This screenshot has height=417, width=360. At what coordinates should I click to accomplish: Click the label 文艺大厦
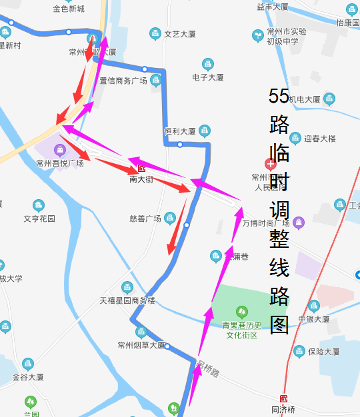tap(179, 33)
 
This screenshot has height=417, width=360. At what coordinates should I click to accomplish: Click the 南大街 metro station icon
tap(141, 169)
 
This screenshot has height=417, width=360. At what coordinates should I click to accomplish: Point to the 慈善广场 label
tap(145, 218)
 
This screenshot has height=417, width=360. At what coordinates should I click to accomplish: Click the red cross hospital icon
tap(271, 164)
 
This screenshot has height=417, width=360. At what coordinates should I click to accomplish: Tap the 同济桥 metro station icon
tap(284, 398)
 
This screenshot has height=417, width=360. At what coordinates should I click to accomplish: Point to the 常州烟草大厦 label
tap(141, 345)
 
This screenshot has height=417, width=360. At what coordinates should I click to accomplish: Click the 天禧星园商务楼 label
tap(127, 300)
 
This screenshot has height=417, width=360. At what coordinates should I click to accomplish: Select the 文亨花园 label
tap(39, 218)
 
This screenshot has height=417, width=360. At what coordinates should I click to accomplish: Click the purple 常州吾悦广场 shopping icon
tap(60, 149)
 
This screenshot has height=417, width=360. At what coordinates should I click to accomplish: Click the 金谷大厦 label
tap(28, 376)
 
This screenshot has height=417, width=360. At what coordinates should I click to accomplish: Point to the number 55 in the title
tap(279, 97)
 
